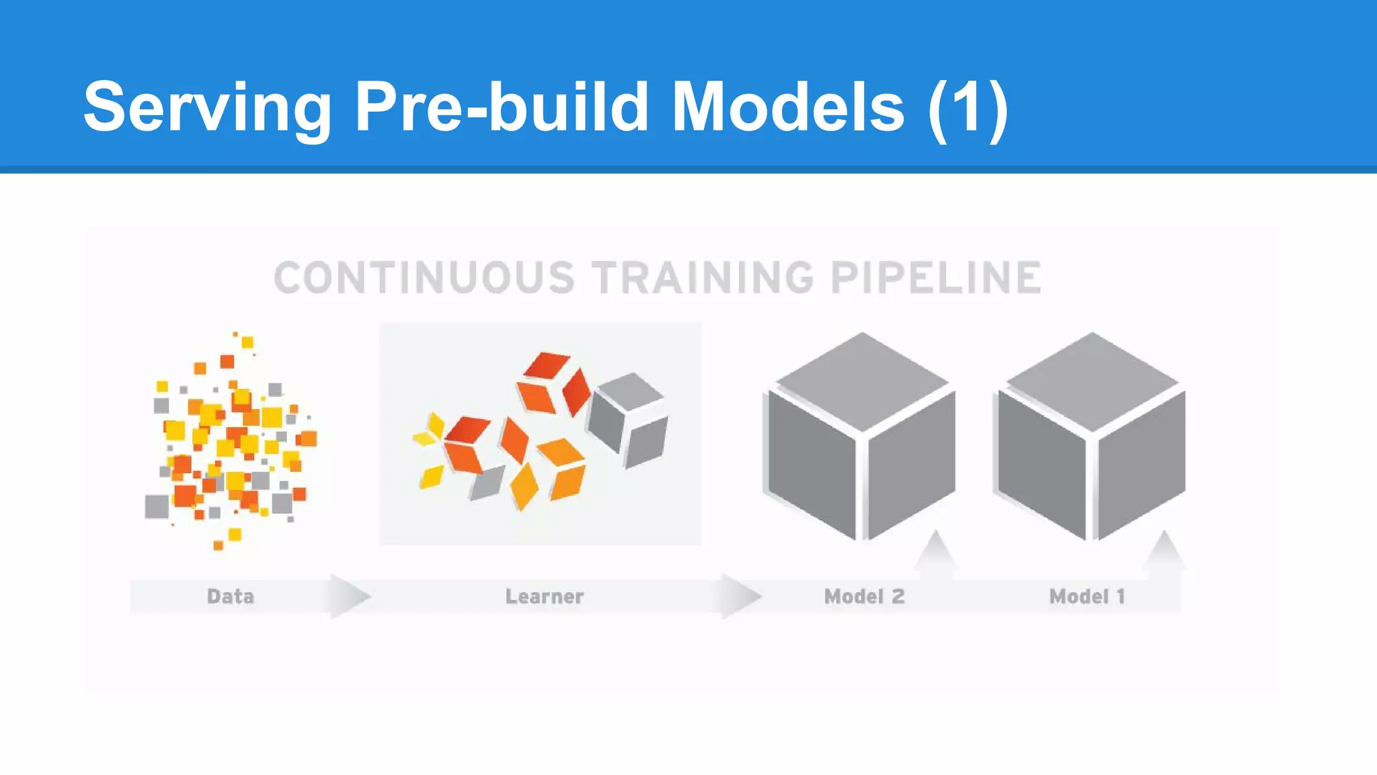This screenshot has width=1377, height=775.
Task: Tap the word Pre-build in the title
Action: point(501,106)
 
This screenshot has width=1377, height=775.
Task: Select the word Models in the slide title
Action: point(788,106)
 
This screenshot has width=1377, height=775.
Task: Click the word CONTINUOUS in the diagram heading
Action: point(424,278)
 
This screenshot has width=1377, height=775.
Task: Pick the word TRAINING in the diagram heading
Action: point(703,278)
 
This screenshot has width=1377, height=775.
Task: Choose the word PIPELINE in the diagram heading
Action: point(936,278)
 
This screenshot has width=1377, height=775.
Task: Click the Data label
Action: point(231,596)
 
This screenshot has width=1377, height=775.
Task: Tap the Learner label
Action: point(545,596)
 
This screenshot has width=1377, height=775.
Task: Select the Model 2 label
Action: point(865,596)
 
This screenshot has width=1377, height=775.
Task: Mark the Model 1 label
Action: point(1087,596)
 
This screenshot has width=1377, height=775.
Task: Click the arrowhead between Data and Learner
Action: point(349,595)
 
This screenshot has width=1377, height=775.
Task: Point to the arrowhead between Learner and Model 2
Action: point(741,595)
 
